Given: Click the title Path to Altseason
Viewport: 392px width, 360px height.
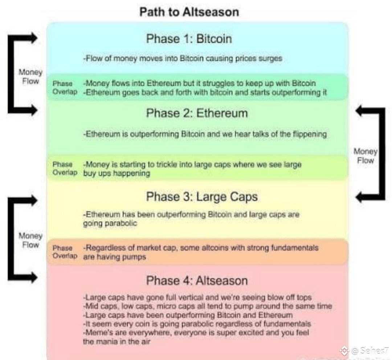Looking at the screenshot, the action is [189, 12].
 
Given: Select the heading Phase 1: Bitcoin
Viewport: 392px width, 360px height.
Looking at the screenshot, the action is [189, 39].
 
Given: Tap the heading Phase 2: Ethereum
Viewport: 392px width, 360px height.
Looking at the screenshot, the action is [197, 113].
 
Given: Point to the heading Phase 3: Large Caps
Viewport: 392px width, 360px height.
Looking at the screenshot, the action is [202, 197].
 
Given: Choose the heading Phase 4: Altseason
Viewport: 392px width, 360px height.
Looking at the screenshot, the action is [197, 280].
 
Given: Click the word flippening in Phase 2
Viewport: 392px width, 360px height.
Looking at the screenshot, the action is [309, 134].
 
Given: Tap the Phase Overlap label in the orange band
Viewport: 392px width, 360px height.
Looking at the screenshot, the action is [65, 252].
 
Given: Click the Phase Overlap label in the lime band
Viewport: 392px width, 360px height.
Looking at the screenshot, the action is [65, 168].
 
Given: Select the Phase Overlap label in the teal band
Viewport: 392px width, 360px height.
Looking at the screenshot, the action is [65, 88].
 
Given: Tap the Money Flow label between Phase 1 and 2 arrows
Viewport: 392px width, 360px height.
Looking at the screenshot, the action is [30, 77].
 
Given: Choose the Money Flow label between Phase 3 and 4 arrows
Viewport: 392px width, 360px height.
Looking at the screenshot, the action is [30, 240].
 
